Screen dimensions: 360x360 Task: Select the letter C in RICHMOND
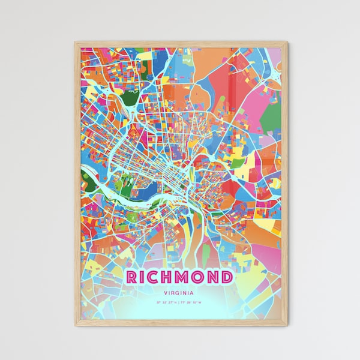click(155, 277)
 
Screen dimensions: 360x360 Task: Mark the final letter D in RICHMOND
click(228, 277)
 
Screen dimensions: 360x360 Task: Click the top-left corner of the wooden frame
click(76, 43)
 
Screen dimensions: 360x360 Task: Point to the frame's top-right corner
click(287, 43)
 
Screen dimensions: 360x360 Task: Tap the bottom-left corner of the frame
click(76, 325)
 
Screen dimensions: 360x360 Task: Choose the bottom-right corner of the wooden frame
click(287, 325)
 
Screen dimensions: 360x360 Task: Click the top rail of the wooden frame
click(180, 43)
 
